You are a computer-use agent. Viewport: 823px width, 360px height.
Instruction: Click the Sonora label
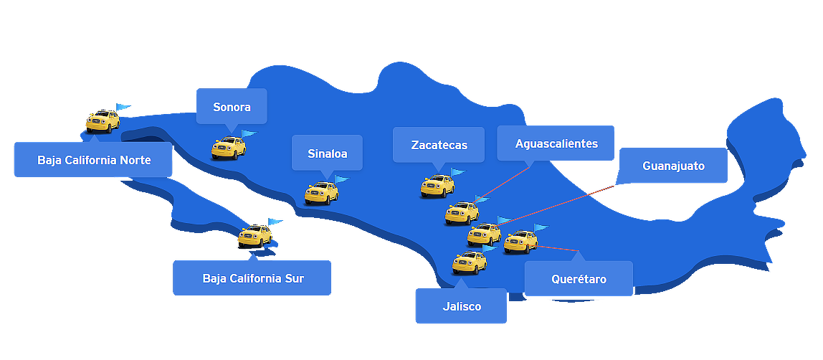pos(232,107)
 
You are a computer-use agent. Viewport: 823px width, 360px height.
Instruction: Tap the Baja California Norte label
pos(94,160)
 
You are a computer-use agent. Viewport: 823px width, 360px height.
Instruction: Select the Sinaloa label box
pos(327,153)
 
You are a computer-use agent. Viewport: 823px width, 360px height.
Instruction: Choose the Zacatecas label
pos(439,145)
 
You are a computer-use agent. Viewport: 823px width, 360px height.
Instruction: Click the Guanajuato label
pos(673,166)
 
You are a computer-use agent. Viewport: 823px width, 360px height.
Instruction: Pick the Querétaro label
pos(579,279)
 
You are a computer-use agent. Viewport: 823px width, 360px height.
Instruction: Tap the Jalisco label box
pos(461,306)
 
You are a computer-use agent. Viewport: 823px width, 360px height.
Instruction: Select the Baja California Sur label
pos(252,278)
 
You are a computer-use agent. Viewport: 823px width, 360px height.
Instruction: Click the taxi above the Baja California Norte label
pos(103,121)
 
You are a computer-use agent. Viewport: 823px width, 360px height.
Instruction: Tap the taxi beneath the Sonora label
pos(229,148)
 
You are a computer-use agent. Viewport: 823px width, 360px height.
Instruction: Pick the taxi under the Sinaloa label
pos(321,193)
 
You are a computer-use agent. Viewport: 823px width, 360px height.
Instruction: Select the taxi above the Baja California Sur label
pos(255,235)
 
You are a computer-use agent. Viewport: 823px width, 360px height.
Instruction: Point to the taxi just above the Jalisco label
pos(470,262)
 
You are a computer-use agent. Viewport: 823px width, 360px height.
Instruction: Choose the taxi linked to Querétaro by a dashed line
pos(520,242)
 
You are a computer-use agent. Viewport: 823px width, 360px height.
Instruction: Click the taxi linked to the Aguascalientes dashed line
pos(462,213)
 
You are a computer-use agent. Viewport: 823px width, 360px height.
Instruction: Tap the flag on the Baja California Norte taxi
pos(123,107)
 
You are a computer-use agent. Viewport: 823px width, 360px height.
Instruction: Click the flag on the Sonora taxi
pos(248,133)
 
